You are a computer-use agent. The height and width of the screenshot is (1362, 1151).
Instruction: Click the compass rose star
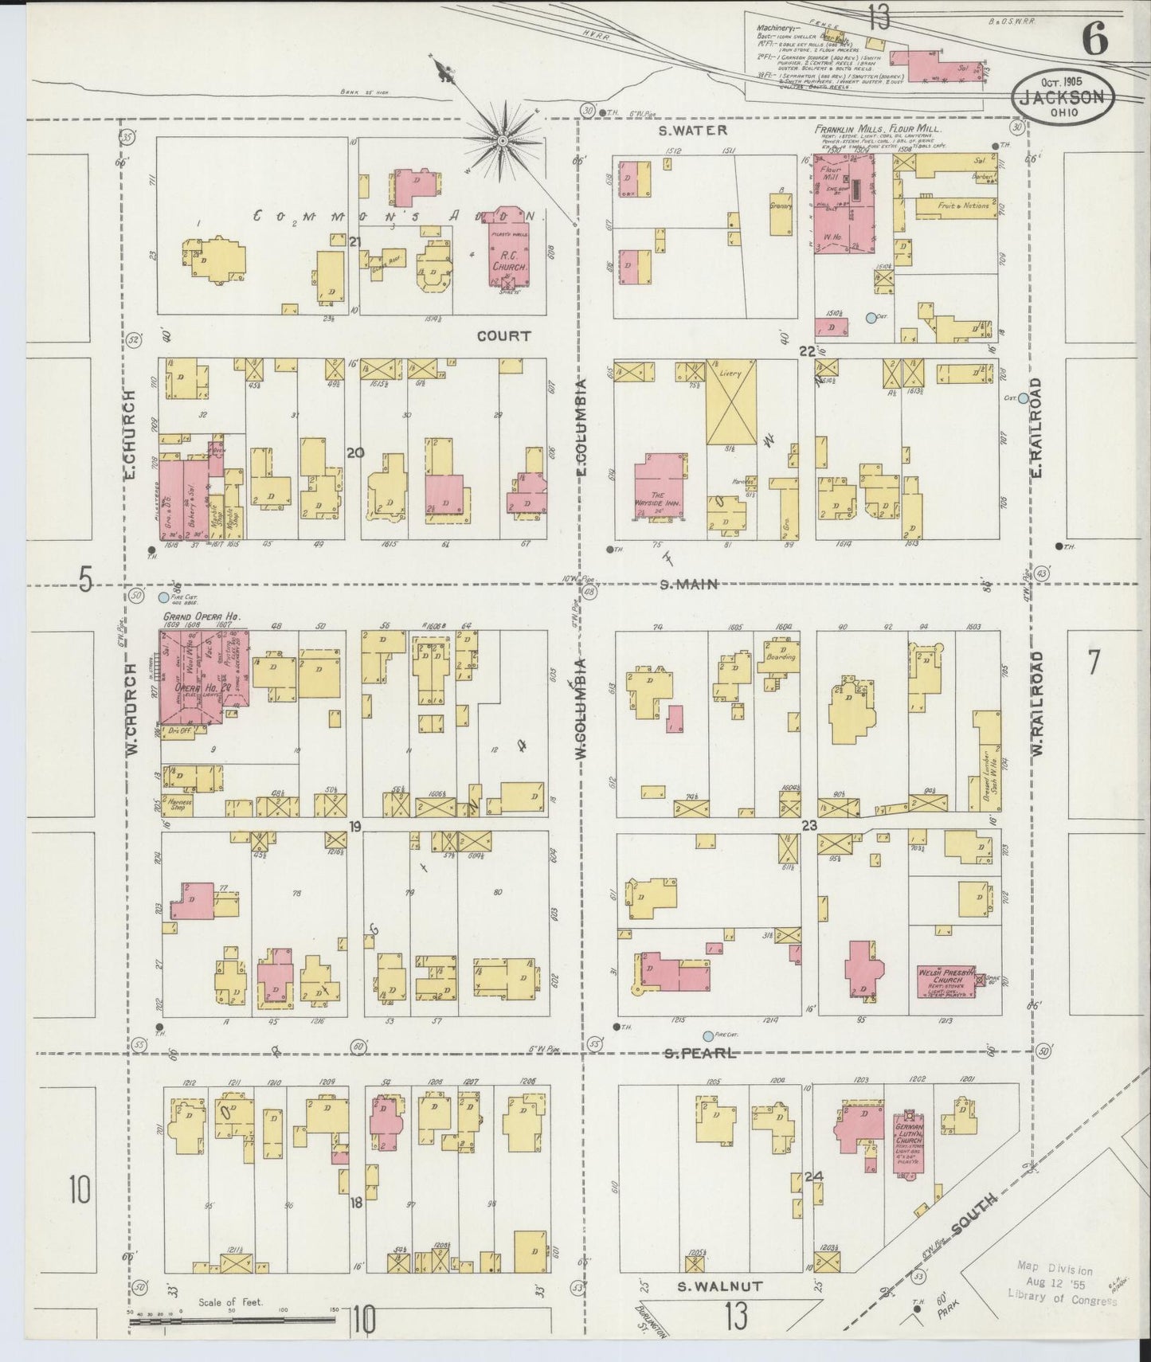click(x=503, y=141)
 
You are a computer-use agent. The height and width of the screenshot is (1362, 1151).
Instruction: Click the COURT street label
click(x=503, y=336)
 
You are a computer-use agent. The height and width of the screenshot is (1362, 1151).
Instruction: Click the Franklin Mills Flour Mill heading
click(x=877, y=128)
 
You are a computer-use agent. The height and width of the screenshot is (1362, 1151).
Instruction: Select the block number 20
click(x=354, y=452)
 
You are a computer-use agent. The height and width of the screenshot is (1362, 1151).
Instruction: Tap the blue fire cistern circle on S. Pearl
click(x=707, y=1036)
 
